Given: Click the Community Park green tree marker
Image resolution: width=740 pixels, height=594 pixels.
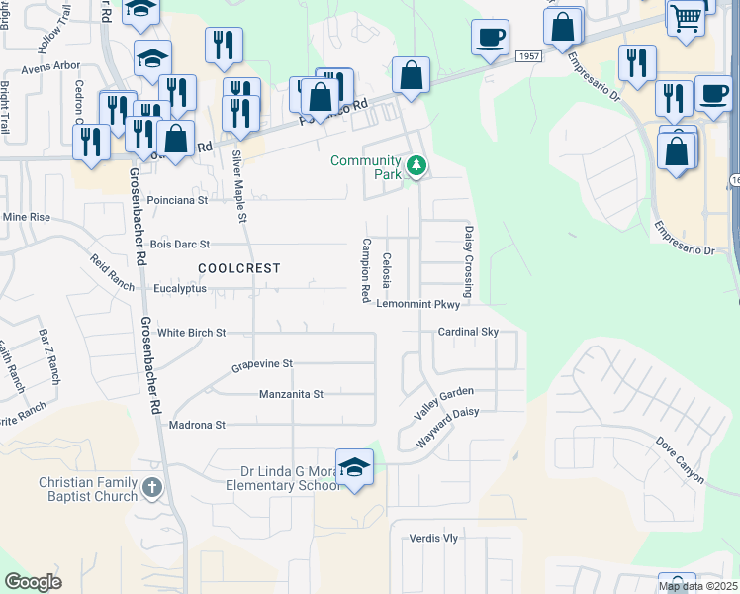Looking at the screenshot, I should (416, 165).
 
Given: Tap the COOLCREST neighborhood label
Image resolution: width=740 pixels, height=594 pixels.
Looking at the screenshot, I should (238, 268).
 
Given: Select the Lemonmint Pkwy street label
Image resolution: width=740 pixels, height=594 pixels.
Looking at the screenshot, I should (426, 306).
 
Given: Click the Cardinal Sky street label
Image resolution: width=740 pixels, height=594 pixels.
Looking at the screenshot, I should (469, 332).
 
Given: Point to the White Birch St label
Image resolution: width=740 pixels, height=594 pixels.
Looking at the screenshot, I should (192, 333).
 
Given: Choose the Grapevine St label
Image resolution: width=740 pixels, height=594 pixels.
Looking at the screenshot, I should (262, 364).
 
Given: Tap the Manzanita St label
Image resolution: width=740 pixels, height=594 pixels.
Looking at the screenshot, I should (291, 394).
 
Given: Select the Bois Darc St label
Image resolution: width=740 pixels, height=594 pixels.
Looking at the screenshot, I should (179, 244).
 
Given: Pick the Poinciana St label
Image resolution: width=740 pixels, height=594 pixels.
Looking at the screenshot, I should (177, 199).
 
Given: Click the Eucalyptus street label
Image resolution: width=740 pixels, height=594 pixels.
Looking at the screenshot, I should (180, 289).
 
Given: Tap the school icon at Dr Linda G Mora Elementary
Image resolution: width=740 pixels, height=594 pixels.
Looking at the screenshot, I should (354, 467).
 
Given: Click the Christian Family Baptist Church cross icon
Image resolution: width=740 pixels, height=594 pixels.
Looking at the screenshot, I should (151, 486).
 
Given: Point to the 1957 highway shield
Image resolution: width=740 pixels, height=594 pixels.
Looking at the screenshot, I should (528, 58).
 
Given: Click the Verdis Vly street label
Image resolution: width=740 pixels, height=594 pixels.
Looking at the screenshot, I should (434, 539).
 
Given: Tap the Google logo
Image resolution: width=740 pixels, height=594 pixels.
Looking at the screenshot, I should (34, 581).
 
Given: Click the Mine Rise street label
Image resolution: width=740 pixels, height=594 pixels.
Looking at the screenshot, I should (27, 217).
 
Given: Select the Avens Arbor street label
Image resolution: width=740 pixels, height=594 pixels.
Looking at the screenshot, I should (50, 66).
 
